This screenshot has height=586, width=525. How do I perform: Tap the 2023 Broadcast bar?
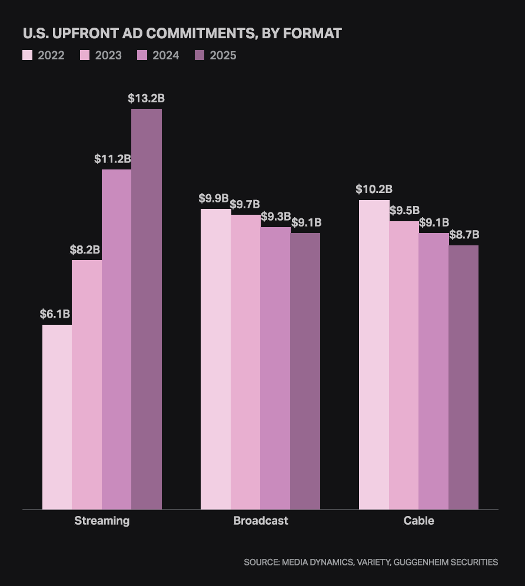[x=245, y=362]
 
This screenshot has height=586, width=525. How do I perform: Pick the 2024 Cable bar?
[x=433, y=371]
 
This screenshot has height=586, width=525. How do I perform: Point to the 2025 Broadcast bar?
[x=305, y=371]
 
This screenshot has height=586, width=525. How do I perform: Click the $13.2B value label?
[x=146, y=98]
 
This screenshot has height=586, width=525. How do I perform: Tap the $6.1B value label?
[x=55, y=314]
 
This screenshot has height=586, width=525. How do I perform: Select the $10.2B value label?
[x=374, y=189]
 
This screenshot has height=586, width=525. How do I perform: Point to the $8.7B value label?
[x=464, y=235]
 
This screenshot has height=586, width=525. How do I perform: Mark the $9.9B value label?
[x=214, y=198]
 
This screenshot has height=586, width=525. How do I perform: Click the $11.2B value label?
[x=112, y=159]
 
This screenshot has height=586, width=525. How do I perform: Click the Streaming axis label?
[x=102, y=521]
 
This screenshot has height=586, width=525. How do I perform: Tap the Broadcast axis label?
[x=261, y=521]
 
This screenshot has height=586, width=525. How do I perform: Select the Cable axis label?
[x=418, y=521]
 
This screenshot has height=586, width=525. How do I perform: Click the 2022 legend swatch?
[x=28, y=55]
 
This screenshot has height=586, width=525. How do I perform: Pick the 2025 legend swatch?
[x=200, y=55]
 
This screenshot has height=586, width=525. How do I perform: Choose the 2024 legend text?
[x=165, y=55]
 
